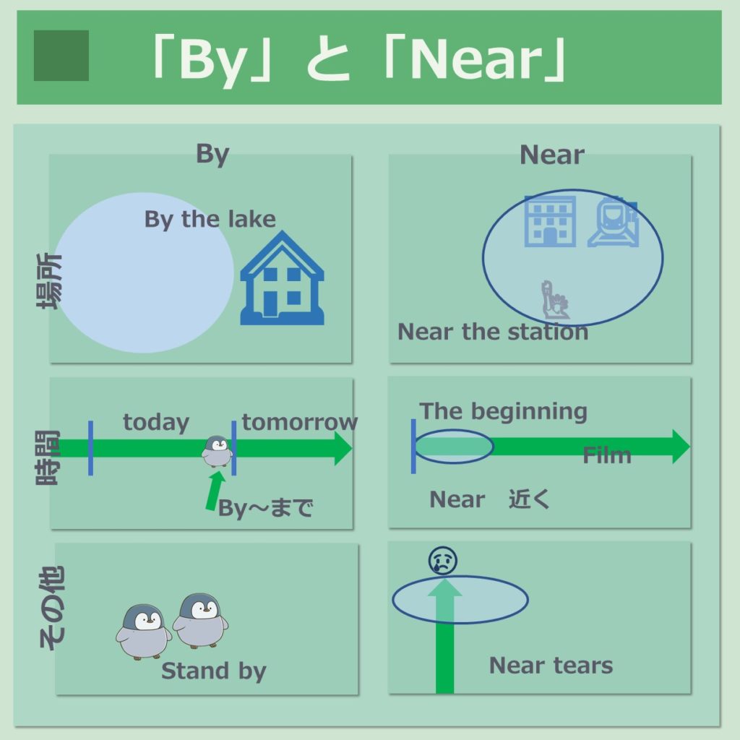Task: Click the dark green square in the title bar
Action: tap(61, 56)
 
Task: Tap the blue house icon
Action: tap(283, 277)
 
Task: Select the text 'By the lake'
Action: tap(210, 220)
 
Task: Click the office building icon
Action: tap(550, 221)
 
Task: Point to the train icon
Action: tap(613, 221)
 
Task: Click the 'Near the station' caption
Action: tap(493, 331)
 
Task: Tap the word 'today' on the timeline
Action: tap(156, 422)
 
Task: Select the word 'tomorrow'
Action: tap(300, 421)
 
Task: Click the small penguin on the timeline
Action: tap(217, 451)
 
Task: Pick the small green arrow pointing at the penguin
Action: tap(215, 491)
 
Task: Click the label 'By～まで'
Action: tap(266, 508)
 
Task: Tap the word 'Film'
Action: tap(607, 455)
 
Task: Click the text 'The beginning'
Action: tap(504, 411)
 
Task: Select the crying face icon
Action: tap(443, 561)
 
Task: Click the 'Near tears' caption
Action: tap(551, 666)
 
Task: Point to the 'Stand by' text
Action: tap(214, 671)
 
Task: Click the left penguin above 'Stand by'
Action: tap(144, 632)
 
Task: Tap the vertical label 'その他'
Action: tap(51, 608)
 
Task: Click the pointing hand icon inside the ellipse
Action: tap(556, 299)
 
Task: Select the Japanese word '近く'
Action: tap(530, 499)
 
